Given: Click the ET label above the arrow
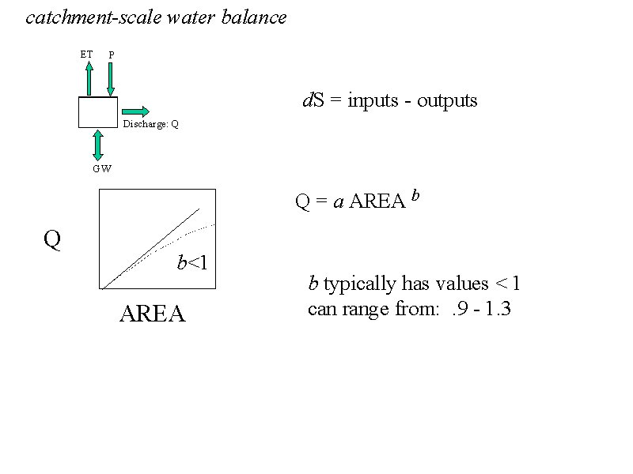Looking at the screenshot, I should pyautogui.click(x=86, y=55).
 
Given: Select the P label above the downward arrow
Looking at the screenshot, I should pyautogui.click(x=112, y=55).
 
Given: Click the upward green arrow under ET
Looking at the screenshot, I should pyautogui.click(x=89, y=78).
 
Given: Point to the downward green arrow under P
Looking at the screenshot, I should pyautogui.click(x=111, y=78).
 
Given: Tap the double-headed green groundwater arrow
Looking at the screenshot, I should pyautogui.click(x=98, y=145).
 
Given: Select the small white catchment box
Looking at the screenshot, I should pyautogui.click(x=98, y=112).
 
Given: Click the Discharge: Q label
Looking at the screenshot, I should pyautogui.click(x=150, y=125).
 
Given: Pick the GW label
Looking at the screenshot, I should pyautogui.click(x=101, y=168).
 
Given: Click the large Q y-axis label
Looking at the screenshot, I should pyautogui.click(x=52, y=239).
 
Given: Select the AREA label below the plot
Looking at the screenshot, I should pyautogui.click(x=152, y=314).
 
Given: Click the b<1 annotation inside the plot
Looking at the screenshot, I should pyautogui.click(x=192, y=263).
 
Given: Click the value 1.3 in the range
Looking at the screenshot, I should pyautogui.click(x=498, y=309).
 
